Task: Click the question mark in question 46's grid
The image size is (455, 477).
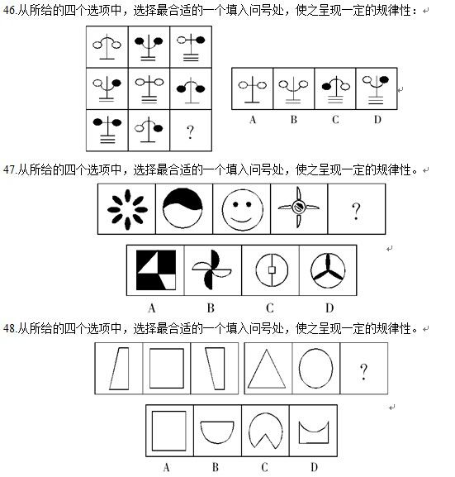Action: [190, 132]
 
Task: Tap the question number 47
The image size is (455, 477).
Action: [9, 169]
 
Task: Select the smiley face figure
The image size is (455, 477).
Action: [242, 209]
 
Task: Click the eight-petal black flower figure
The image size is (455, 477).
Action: [127, 209]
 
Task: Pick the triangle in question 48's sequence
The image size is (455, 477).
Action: [267, 369]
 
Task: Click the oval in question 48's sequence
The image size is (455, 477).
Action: [315, 368]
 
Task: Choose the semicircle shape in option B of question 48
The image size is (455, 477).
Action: [217, 432]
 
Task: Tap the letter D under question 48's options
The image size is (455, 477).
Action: [315, 466]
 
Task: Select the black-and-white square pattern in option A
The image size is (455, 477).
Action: [156, 270]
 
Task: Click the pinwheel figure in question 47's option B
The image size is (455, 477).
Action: [211, 270]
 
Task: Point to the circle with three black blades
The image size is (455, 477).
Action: [328, 270]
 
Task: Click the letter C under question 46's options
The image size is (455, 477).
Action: [335, 120]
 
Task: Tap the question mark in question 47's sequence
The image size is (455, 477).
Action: [356, 211]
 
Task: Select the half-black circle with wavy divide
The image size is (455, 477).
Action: [182, 208]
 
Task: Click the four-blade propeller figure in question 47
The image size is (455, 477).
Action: [299, 207]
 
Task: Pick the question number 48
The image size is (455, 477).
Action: [9, 328]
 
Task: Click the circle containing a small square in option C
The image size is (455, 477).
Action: [272, 270]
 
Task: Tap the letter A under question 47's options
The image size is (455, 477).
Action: [152, 308]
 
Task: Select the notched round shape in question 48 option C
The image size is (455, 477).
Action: [265, 430]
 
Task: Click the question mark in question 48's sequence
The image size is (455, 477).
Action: [363, 372]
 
